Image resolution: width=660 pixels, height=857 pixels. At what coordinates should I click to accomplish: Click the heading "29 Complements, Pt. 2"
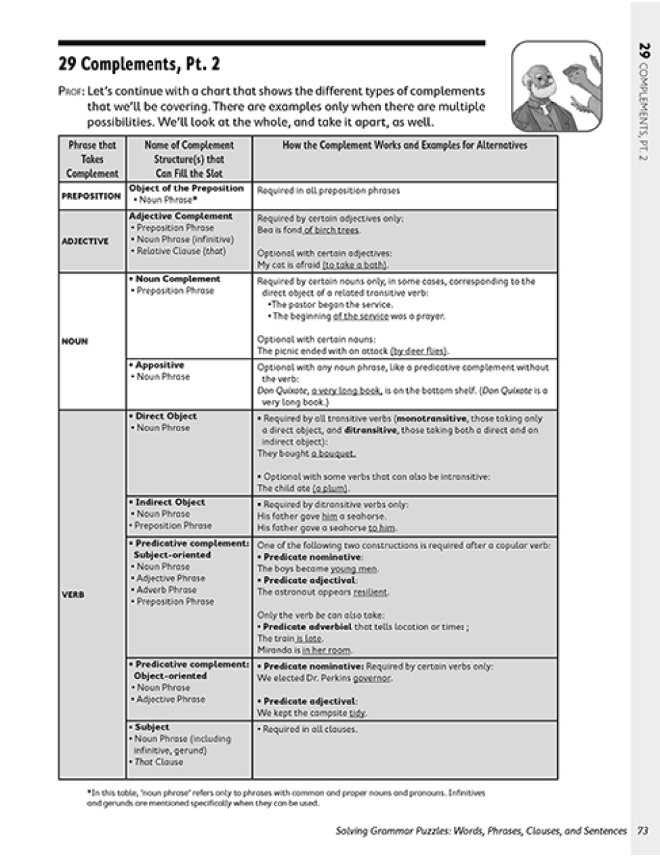pyautogui.click(x=139, y=65)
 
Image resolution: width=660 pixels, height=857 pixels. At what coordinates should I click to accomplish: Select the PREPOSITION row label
pyautogui.click(x=91, y=196)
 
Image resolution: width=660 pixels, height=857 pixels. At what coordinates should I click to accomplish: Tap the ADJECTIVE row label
pyautogui.click(x=85, y=241)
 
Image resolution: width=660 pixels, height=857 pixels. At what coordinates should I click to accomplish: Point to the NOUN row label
pyautogui.click(x=75, y=341)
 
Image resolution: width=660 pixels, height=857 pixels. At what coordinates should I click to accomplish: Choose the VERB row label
pyautogui.click(x=73, y=594)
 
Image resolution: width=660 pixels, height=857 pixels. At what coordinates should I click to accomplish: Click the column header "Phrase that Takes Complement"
pyautogui.click(x=92, y=159)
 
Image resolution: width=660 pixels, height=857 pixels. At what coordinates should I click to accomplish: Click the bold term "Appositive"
pyautogui.click(x=160, y=365)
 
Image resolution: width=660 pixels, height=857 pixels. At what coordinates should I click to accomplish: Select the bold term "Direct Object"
pyautogui.click(x=166, y=416)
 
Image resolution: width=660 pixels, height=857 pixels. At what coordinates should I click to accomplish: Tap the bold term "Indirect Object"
pyautogui.click(x=170, y=502)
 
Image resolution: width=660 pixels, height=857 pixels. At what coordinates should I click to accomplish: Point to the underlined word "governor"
pyautogui.click(x=372, y=678)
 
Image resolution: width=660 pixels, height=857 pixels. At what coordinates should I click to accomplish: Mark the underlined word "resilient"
pyautogui.click(x=370, y=592)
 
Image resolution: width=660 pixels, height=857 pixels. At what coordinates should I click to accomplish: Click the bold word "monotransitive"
pyautogui.click(x=432, y=419)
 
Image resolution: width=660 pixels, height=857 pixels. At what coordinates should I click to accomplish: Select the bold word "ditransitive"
pyautogui.click(x=370, y=430)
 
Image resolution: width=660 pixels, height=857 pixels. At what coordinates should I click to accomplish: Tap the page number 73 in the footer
pyautogui.click(x=642, y=831)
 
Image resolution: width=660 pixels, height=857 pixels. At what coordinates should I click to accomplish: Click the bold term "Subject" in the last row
pyautogui.click(x=152, y=727)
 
